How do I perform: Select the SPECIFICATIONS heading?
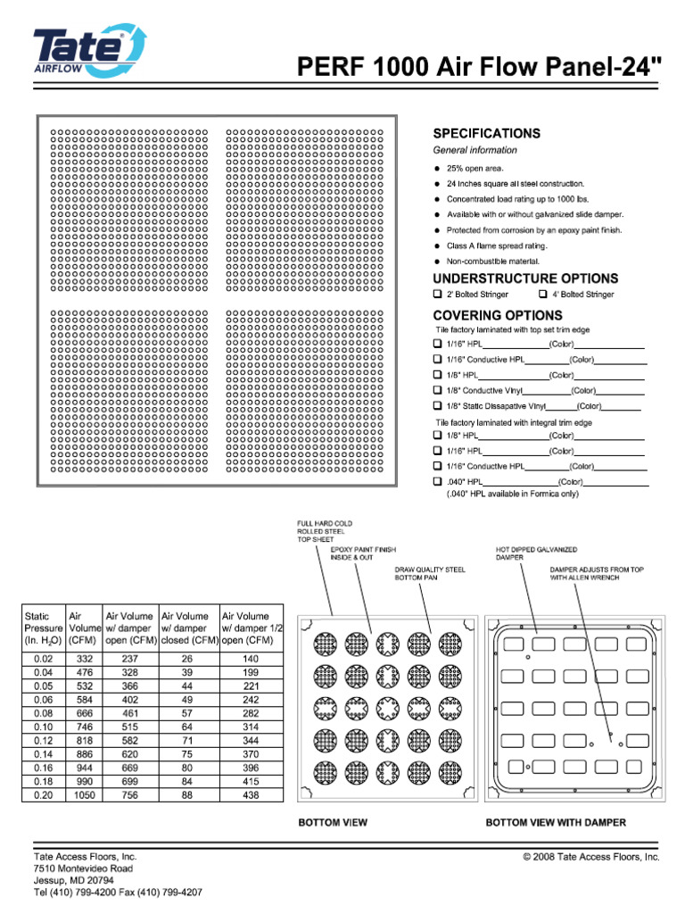tap(486, 133)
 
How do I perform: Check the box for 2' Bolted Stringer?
tap(438, 295)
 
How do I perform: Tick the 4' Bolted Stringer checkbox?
tap(543, 295)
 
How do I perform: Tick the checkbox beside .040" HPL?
tap(438, 482)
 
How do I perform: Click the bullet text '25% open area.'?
tap(475, 168)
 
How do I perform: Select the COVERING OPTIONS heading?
tap(497, 315)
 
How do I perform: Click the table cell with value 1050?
tap(84, 795)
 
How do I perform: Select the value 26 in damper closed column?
tap(186, 659)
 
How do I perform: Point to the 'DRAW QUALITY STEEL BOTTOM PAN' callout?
tap(430, 573)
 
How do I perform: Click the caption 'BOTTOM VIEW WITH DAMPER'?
tap(555, 822)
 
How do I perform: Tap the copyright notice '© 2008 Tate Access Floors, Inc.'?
tap(590, 856)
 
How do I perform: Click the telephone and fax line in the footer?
tap(118, 893)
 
